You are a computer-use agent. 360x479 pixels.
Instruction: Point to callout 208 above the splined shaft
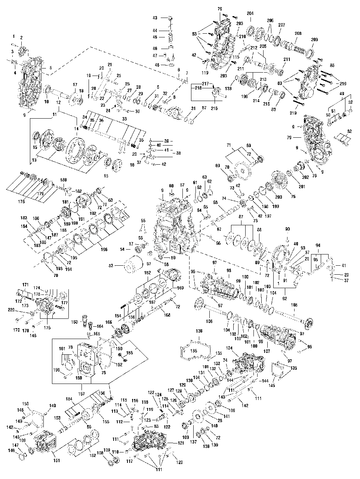tap(298, 33)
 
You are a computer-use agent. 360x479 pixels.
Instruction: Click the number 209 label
tap(314, 40)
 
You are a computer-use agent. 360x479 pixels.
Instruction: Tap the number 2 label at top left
tap(21, 37)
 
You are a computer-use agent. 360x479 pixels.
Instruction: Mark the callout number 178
tap(17, 201)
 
